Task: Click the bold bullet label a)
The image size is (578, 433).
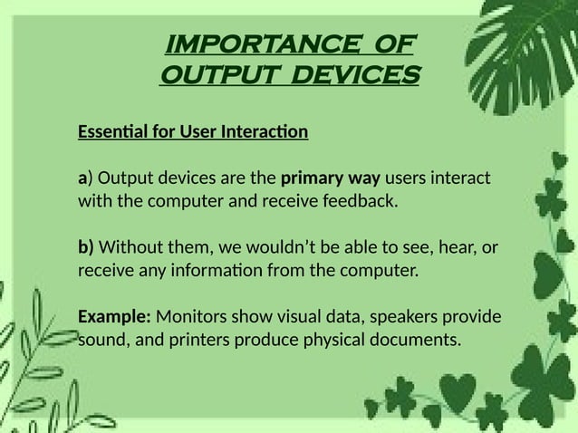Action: (x=83, y=176)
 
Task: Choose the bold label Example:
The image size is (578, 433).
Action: (x=115, y=318)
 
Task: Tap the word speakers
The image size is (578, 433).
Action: (x=404, y=318)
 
